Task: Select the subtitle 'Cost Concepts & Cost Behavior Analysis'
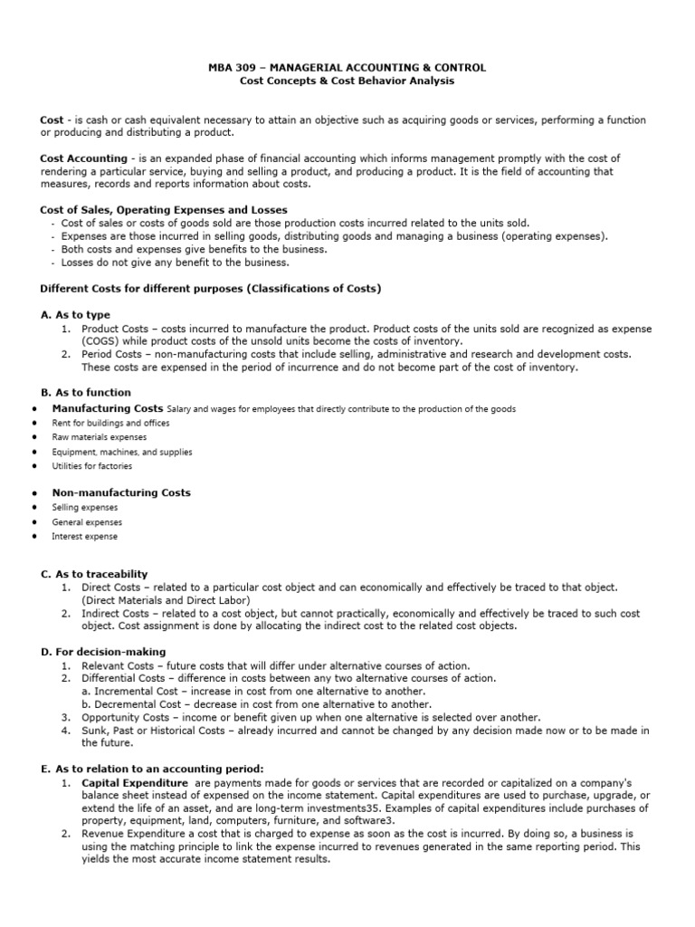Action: click(347, 81)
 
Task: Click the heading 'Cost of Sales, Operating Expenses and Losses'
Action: click(164, 210)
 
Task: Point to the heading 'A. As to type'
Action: click(77, 314)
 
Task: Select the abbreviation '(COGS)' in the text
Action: click(100, 340)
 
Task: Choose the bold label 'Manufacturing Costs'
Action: click(108, 409)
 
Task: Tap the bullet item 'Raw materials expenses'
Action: click(99, 437)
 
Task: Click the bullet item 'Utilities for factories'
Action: click(91, 466)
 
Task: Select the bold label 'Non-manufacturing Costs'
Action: click(121, 493)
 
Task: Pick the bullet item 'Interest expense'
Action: click(85, 537)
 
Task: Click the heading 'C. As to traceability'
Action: click(94, 574)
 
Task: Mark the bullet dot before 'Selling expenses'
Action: click(33, 508)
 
